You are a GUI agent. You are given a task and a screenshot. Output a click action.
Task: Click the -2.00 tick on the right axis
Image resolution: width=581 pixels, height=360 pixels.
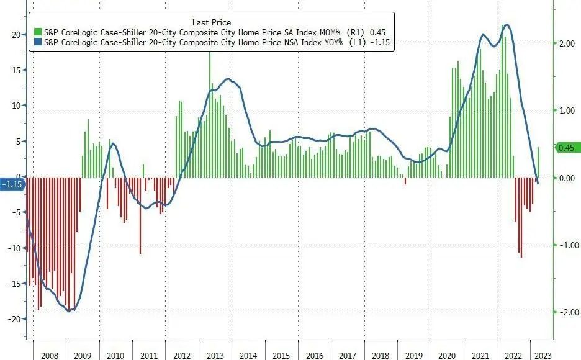[567, 312]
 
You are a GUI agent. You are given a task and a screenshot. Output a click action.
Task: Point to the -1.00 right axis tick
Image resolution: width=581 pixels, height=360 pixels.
[567, 245]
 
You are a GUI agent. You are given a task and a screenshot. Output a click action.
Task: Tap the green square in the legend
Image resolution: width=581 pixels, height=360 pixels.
[38, 32]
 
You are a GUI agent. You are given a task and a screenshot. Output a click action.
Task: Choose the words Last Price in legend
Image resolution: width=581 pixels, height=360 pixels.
[212, 22]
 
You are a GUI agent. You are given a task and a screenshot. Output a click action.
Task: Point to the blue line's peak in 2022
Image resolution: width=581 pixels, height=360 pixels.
[507, 25]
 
